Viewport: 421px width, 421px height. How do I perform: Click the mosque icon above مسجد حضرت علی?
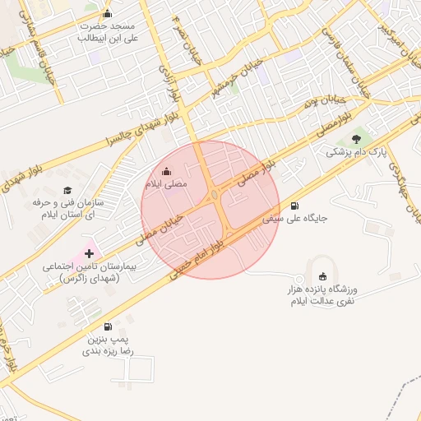pyautogui.click(x=107, y=14)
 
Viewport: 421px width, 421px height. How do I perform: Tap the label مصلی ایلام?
pyautogui.click(x=168, y=184)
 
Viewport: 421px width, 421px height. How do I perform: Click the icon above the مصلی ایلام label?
pyautogui.click(x=168, y=171)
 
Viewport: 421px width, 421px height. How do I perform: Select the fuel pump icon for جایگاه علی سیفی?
pyautogui.click(x=295, y=206)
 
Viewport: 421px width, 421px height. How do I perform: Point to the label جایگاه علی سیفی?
pyautogui.click(x=295, y=220)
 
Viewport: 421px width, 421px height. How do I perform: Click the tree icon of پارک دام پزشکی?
pyautogui.click(x=356, y=139)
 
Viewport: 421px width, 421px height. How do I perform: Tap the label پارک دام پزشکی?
pyautogui.click(x=356, y=152)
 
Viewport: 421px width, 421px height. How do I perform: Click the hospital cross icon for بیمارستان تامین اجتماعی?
pyautogui.click(x=89, y=253)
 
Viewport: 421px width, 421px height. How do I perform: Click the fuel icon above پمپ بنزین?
pyautogui.click(x=109, y=325)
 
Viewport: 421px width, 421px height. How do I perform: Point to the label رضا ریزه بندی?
pyautogui.click(x=112, y=351)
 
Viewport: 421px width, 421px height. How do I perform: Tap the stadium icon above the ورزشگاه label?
pyautogui.click(x=322, y=275)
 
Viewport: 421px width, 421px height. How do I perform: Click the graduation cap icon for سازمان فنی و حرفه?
pyautogui.click(x=66, y=190)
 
